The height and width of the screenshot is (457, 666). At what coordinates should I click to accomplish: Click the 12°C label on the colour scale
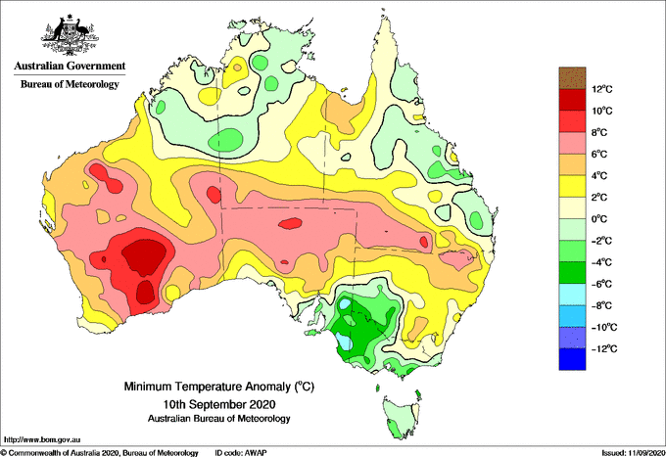point(602,89)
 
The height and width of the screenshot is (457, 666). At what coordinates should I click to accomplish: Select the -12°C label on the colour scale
point(602,348)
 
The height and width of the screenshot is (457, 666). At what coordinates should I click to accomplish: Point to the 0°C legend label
point(598,219)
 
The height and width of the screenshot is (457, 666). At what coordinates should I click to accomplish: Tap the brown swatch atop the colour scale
point(572,78)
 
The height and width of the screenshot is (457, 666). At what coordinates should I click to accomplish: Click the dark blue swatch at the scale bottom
point(572,359)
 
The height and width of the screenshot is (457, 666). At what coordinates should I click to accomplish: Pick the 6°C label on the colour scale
point(598,154)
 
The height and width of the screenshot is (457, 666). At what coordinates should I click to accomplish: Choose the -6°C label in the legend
point(601,284)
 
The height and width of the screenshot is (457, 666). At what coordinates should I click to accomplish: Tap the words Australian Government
point(70,66)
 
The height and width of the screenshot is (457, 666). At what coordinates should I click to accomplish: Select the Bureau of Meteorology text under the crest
point(70,84)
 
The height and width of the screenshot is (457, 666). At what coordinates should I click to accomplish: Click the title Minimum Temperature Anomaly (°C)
point(219,387)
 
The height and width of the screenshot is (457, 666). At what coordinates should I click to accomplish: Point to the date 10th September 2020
point(219,403)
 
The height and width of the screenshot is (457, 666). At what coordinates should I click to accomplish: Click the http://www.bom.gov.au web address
point(42,439)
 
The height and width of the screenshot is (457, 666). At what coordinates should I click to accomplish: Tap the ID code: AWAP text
point(241,453)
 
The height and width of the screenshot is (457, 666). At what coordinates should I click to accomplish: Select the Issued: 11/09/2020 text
point(633,453)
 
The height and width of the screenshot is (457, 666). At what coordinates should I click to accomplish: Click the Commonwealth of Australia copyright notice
point(100,453)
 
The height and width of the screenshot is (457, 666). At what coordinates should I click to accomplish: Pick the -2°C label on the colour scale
point(601,241)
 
